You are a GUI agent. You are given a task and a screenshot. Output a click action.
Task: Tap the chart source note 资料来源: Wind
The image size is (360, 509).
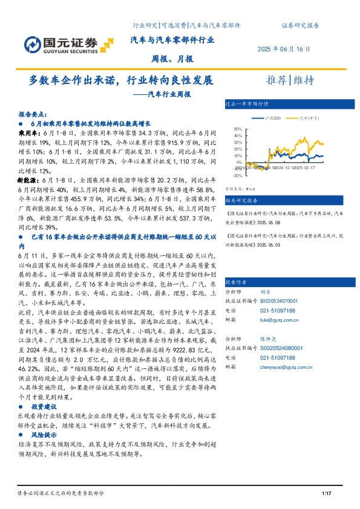coord(237,189)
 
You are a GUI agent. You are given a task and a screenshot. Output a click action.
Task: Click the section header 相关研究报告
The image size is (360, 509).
coord(241,200)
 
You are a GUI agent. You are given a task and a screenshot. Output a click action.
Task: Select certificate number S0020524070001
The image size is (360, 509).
coord(284,300)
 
